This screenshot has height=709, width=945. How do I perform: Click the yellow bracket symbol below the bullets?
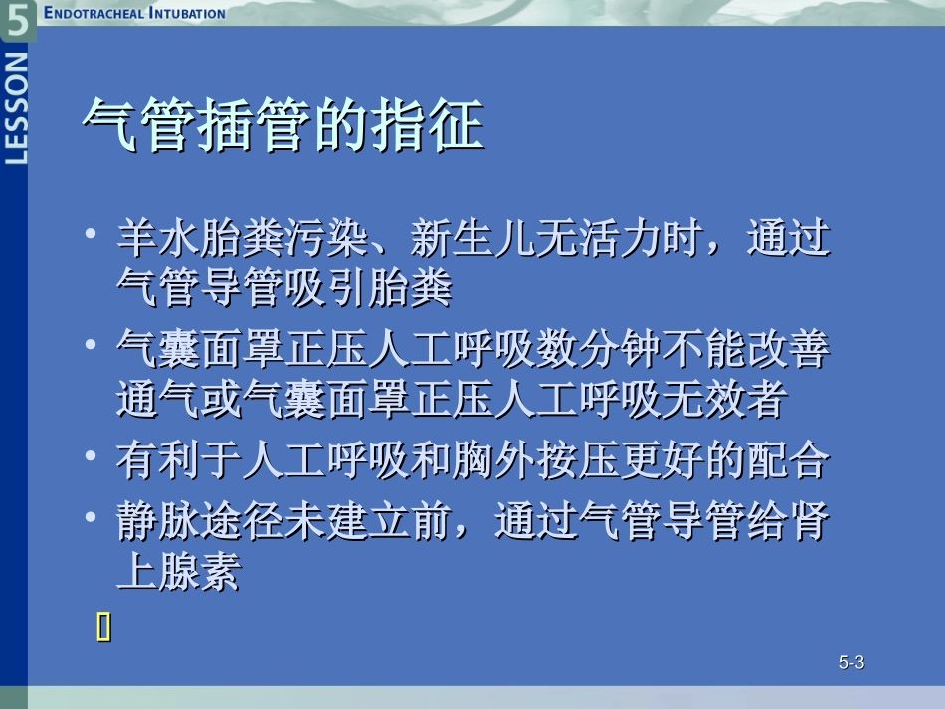pyautogui.click(x=103, y=626)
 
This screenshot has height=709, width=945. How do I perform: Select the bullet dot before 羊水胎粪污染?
pyautogui.click(x=91, y=236)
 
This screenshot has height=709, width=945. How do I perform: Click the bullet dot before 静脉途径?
pyautogui.click(x=91, y=517)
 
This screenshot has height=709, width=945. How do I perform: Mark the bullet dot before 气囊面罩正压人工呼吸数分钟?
pyautogui.click(x=91, y=345)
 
